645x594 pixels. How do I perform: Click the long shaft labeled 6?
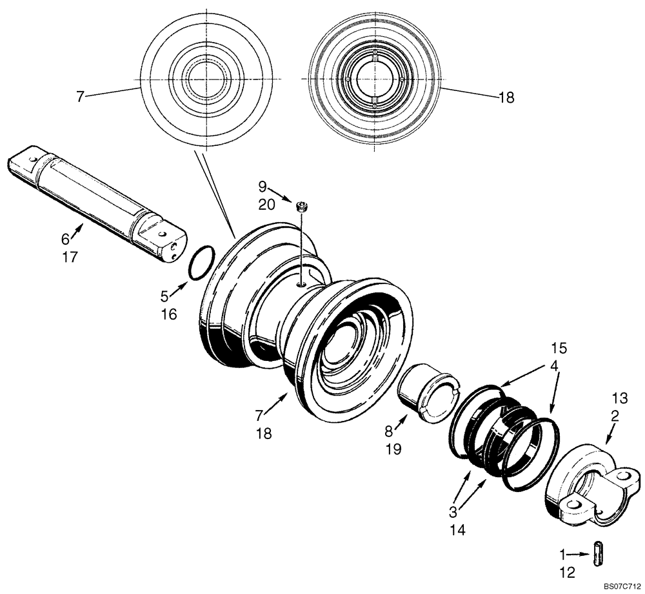[97, 203]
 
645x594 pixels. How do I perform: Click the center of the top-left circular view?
[205, 78]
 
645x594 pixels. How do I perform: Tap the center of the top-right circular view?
[373, 78]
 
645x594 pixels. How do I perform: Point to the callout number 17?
[70, 257]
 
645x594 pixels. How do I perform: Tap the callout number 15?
[559, 348]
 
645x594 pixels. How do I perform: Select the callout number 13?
[620, 398]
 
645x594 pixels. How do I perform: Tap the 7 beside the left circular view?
[80, 97]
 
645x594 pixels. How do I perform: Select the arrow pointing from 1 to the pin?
[579, 554]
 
